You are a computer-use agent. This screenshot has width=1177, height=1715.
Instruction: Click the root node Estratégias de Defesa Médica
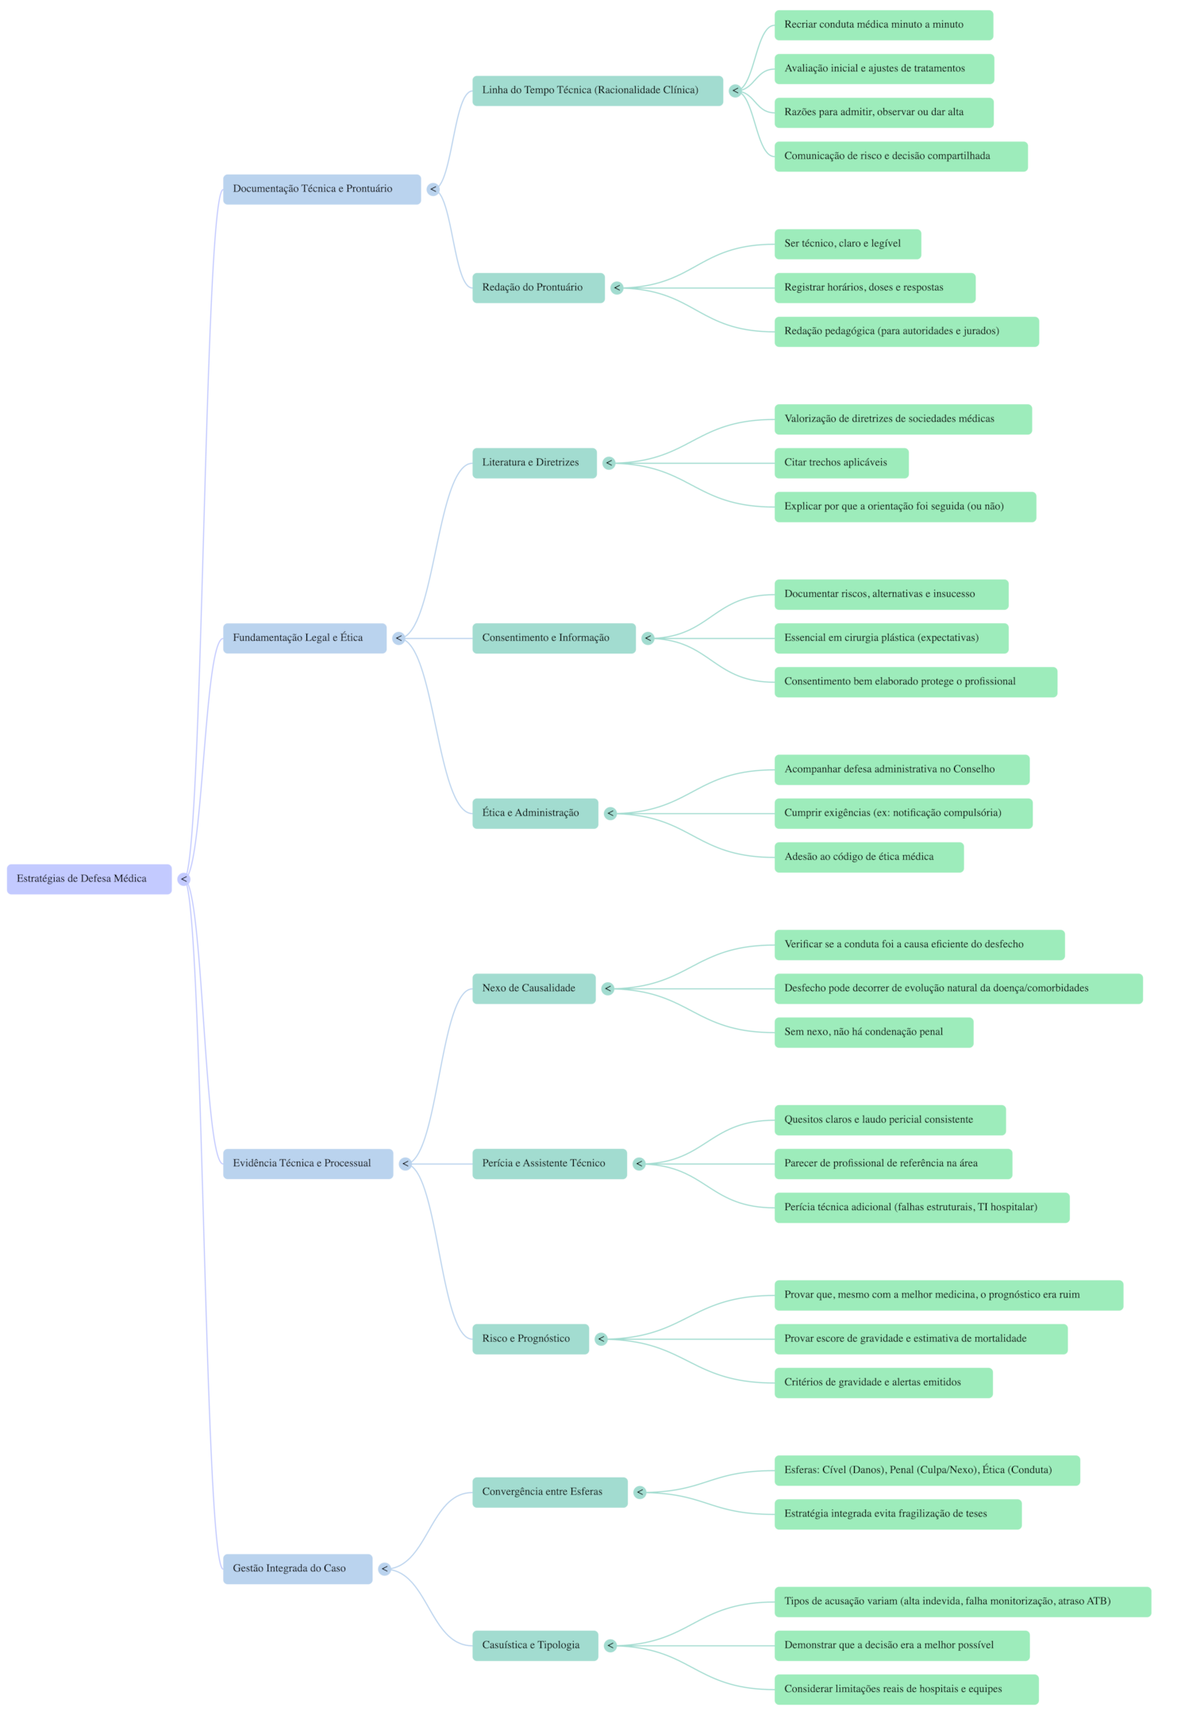click(x=89, y=879)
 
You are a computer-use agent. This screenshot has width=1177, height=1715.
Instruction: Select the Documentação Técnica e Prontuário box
click(x=321, y=189)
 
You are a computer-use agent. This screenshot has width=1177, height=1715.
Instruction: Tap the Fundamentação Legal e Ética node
click(x=305, y=638)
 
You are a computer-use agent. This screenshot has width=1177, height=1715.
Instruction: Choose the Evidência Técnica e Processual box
click(x=308, y=1164)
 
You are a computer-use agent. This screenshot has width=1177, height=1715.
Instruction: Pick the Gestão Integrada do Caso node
click(x=297, y=1569)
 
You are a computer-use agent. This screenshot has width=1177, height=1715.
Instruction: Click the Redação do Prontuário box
click(x=538, y=287)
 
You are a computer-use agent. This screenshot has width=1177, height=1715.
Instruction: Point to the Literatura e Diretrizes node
click(x=534, y=463)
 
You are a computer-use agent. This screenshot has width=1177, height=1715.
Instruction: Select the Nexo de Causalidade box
click(x=533, y=989)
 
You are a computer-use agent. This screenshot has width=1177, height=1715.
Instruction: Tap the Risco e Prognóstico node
click(x=530, y=1339)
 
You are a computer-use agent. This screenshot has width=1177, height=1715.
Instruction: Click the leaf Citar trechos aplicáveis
click(x=840, y=463)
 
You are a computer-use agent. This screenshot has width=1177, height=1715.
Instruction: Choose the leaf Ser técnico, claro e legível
click(x=847, y=244)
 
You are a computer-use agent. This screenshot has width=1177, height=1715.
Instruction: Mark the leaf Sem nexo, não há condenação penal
click(x=873, y=1032)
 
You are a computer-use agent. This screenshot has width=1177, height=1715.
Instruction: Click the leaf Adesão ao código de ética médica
click(x=868, y=857)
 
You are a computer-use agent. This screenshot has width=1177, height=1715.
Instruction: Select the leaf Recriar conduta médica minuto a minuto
click(x=883, y=25)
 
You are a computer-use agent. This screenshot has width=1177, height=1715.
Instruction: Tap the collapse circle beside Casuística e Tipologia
click(x=610, y=1645)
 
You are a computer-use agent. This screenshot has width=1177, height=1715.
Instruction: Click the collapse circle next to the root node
click(x=183, y=879)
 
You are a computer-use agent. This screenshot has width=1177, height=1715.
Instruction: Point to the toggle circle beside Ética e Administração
click(x=610, y=813)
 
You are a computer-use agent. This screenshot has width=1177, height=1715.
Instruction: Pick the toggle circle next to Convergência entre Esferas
click(x=640, y=1492)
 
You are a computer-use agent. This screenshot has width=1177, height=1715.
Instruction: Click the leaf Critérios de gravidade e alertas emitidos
click(x=883, y=1382)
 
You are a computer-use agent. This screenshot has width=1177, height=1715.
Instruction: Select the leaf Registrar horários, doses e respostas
click(x=874, y=287)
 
